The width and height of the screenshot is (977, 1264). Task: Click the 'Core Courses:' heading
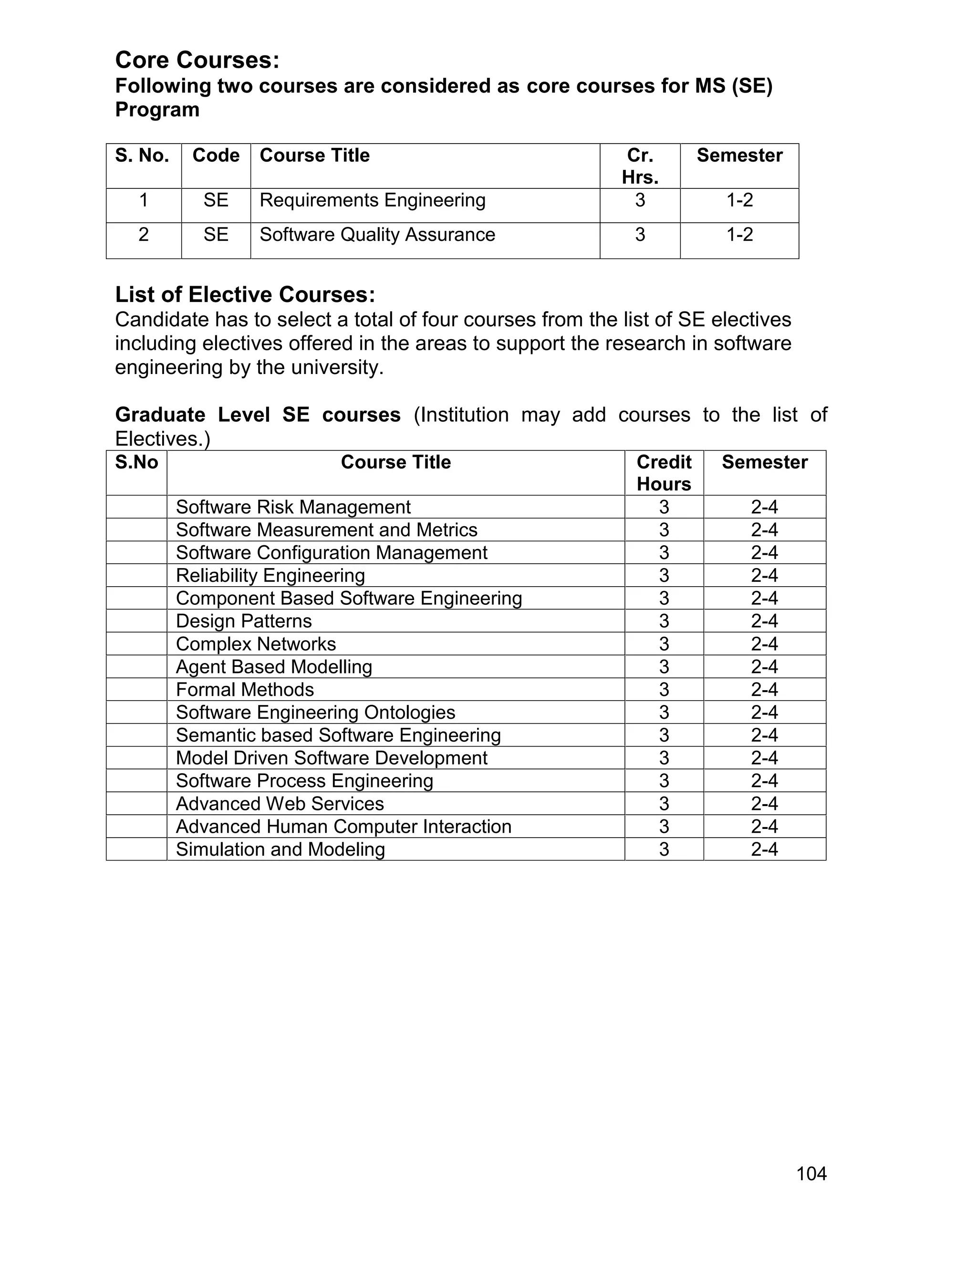pos(197,60)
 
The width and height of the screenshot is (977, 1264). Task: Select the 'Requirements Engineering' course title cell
pos(372,200)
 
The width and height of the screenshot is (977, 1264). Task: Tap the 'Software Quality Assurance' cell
pos(377,235)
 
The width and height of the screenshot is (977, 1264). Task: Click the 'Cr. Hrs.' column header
pos(640,166)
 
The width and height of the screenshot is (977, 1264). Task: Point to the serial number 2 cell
pos(144,235)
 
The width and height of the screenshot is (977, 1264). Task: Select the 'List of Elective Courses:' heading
pos(245,295)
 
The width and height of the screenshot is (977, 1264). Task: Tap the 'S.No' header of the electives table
pos(136,462)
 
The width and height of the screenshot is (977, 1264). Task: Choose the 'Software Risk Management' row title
pos(293,507)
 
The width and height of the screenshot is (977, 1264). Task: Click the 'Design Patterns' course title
pos(244,621)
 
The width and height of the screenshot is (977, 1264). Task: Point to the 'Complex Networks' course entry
pos(255,644)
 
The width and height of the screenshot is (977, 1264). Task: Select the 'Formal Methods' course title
pos(245,690)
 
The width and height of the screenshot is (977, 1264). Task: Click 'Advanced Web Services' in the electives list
pos(280,804)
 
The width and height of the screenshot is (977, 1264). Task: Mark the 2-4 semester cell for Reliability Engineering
pos(764,576)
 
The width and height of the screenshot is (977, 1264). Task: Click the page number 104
pos(811,1174)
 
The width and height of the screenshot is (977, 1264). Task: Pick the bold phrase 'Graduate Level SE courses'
pos(258,415)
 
